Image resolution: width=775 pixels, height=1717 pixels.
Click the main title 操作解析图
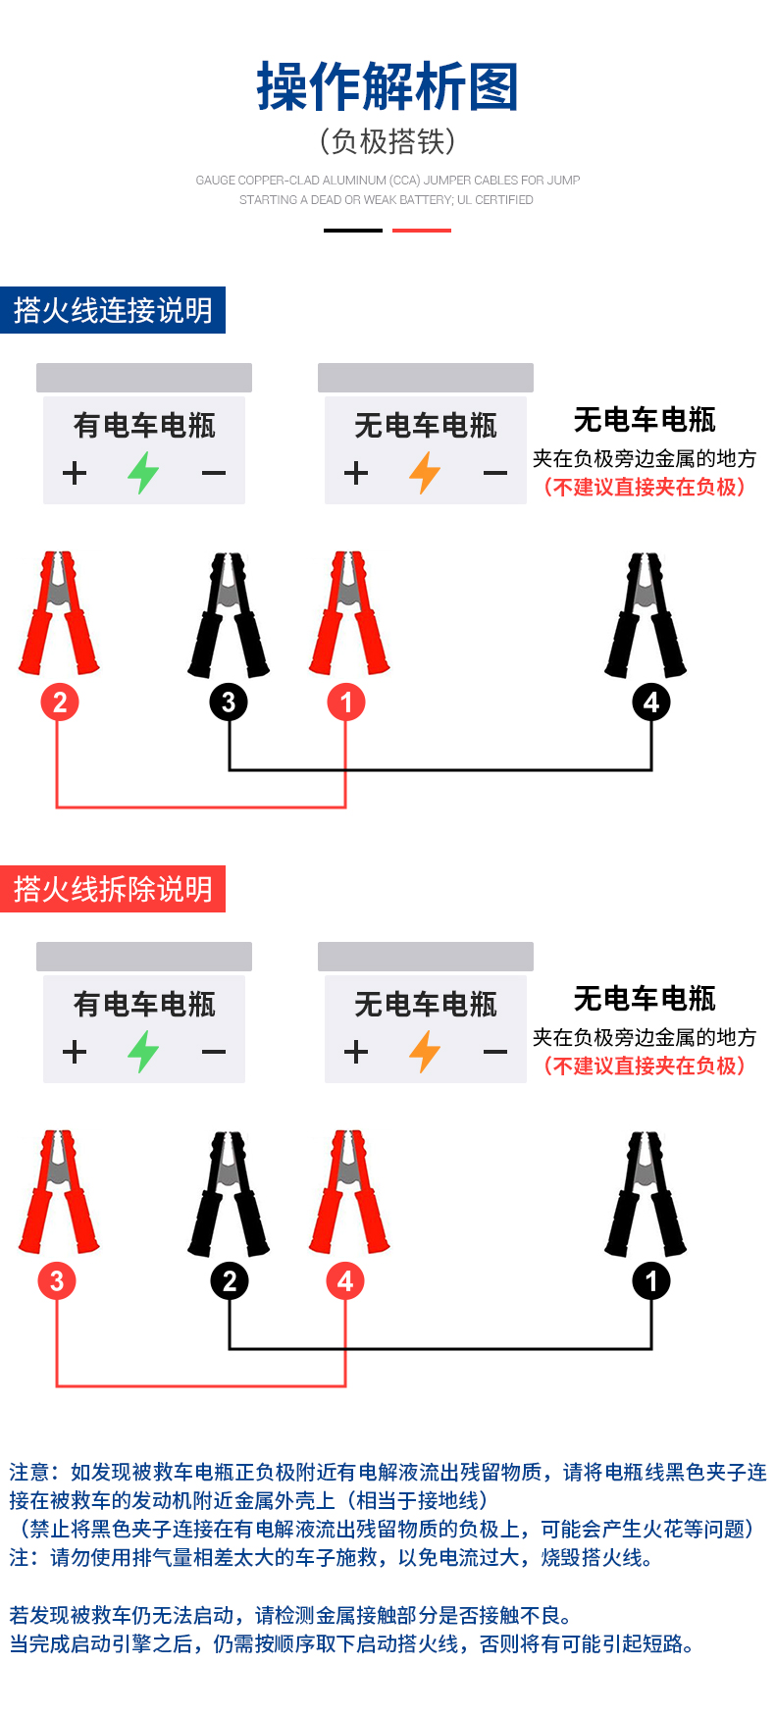click(387, 86)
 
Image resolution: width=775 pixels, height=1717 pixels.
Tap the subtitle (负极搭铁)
click(387, 141)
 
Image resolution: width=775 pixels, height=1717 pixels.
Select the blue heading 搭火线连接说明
click(113, 310)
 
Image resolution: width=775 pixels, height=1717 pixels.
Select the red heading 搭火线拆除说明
click(113, 889)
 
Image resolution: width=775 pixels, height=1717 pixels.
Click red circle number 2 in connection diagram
click(60, 702)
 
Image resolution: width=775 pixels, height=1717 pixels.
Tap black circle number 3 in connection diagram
click(229, 702)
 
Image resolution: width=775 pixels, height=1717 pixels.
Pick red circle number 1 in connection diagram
click(345, 702)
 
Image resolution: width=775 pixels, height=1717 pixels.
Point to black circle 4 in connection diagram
click(651, 702)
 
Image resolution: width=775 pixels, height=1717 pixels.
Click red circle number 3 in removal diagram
click(57, 1281)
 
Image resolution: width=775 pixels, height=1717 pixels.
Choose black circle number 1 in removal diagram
click(651, 1281)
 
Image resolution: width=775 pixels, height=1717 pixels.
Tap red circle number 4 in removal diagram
click(345, 1281)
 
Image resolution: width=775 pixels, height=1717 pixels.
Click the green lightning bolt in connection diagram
click(143, 473)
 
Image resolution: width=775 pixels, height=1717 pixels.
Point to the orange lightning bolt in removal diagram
click(425, 1052)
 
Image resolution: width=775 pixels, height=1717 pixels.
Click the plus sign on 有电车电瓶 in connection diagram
click(75, 473)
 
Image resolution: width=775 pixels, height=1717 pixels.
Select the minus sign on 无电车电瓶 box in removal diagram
click(495, 1052)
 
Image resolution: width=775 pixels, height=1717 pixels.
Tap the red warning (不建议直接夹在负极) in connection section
click(645, 488)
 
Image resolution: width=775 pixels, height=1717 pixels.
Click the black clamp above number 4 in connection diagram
click(646, 616)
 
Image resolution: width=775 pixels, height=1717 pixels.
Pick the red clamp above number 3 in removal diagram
click(59, 1192)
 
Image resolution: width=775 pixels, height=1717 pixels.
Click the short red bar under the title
click(422, 231)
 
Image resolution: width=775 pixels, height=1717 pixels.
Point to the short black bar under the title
click(353, 231)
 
